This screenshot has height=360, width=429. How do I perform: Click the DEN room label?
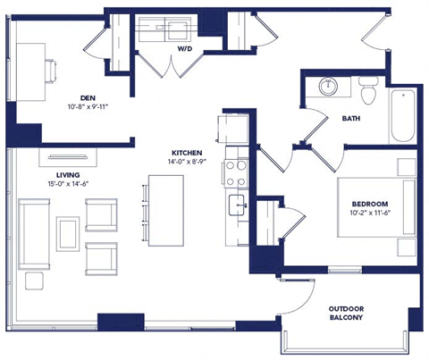(87, 98)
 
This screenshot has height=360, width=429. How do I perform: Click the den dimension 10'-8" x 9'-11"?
(87, 108)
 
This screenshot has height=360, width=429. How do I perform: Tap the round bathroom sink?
(328, 88)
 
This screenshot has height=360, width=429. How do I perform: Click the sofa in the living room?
(35, 234)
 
